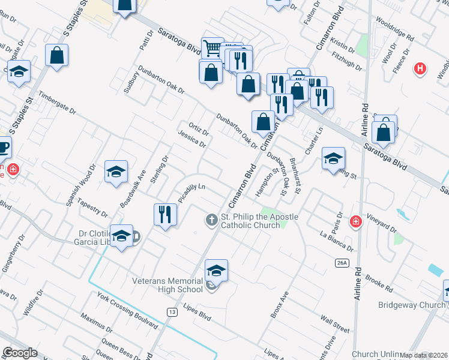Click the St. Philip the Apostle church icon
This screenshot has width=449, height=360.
tap(211, 220)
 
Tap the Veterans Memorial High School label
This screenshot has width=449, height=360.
tap(169, 285)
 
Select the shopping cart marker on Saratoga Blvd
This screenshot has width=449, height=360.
tap(212, 47)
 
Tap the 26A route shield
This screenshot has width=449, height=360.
tap(342, 263)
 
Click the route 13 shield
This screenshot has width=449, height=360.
tap(172, 311)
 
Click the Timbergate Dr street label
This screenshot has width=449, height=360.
tap(57, 103)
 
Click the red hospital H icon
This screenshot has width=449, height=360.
tap(420, 69)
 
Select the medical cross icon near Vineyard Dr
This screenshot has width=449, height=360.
tap(357, 222)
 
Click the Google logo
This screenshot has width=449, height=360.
tap(20, 353)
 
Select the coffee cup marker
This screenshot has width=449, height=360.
tap(4, 146)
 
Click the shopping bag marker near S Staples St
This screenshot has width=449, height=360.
tap(57, 56)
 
